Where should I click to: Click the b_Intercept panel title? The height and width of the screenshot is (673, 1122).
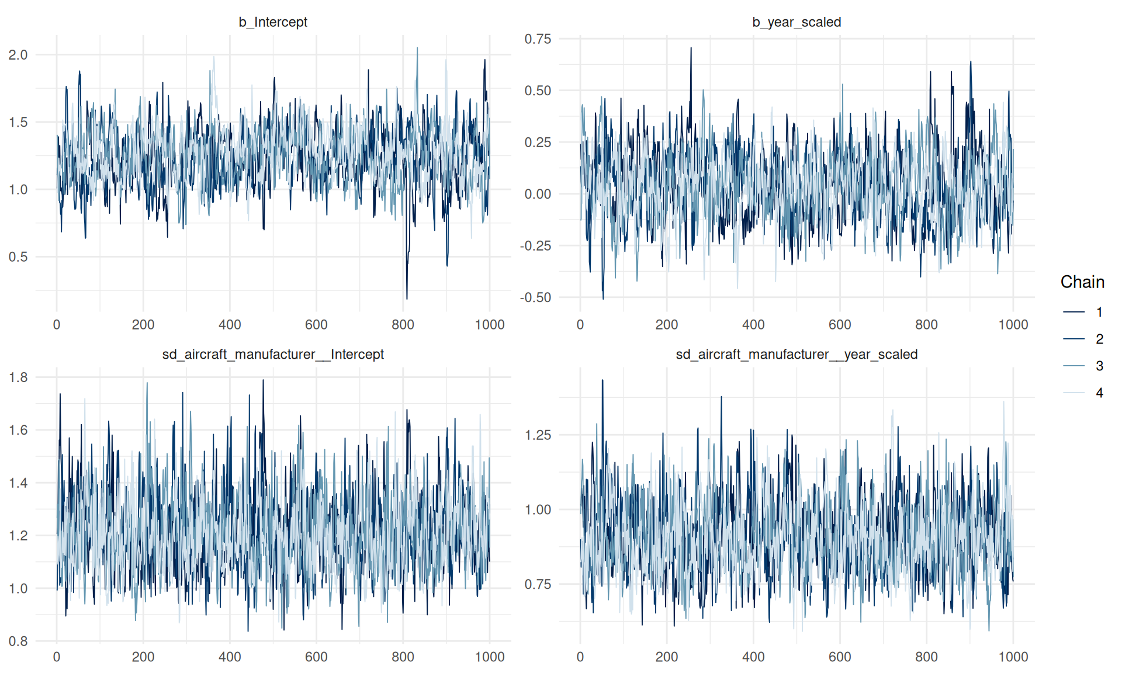(273, 22)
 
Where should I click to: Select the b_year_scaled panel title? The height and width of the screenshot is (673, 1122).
(797, 22)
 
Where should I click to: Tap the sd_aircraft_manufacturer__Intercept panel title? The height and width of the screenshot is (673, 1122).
(273, 355)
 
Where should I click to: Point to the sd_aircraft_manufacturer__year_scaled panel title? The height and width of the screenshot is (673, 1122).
(797, 355)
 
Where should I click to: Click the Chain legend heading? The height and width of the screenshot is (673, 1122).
(1082, 282)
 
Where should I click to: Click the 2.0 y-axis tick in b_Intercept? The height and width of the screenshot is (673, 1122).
(18, 55)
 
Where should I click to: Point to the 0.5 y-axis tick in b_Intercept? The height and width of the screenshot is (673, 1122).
(18, 257)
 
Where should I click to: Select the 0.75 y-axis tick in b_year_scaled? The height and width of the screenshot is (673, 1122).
(538, 39)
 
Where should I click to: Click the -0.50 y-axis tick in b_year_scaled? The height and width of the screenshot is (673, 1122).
(536, 298)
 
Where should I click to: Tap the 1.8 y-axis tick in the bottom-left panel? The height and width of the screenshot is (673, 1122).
(18, 377)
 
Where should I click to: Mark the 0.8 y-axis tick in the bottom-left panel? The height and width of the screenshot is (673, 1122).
(18, 641)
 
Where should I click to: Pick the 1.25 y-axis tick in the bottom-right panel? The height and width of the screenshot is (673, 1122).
(538, 435)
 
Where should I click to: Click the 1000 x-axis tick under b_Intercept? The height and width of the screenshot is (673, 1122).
(490, 325)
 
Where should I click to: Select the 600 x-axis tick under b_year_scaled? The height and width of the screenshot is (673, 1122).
(840, 325)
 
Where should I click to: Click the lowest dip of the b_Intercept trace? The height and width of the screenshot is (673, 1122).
(407, 299)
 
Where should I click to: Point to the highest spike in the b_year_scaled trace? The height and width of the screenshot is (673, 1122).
(691, 48)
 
